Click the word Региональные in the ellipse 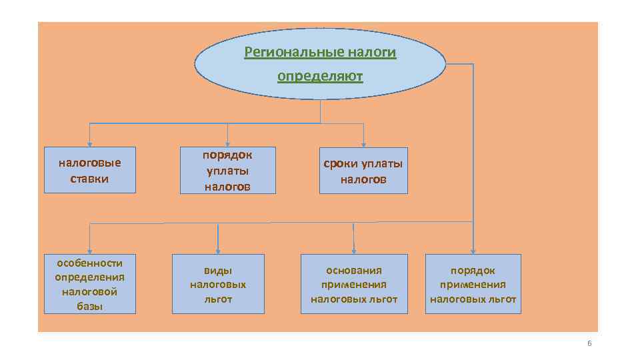point(293,52)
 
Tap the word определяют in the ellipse point(320,76)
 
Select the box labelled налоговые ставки point(90,171)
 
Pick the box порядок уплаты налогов point(227,171)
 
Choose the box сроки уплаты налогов point(363,171)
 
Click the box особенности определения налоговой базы point(90,284)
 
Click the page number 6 point(589,343)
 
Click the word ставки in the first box point(90,179)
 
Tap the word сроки point(341,164)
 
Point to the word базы point(90,306)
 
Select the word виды point(218,270)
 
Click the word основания point(354,270)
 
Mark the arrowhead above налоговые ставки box point(90,143)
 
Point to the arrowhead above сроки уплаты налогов point(364,143)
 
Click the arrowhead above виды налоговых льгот point(218,250)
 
